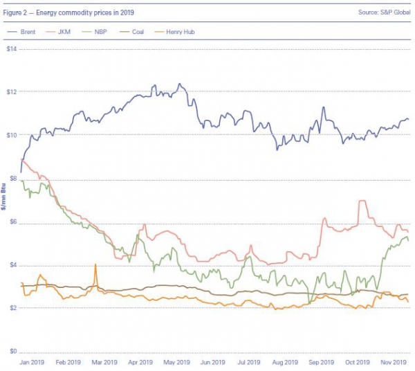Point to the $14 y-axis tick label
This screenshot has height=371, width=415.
pos(11,49)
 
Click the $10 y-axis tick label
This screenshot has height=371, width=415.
pos(11,135)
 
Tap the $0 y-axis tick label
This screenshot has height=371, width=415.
pos(13,352)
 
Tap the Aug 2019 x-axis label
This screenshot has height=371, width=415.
pos(284,362)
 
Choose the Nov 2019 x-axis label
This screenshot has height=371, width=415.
pos(393,362)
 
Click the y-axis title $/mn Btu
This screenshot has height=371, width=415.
pos(7,201)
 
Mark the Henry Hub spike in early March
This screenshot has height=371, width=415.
pos(95,265)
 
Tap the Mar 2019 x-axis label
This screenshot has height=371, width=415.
pos(104,362)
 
